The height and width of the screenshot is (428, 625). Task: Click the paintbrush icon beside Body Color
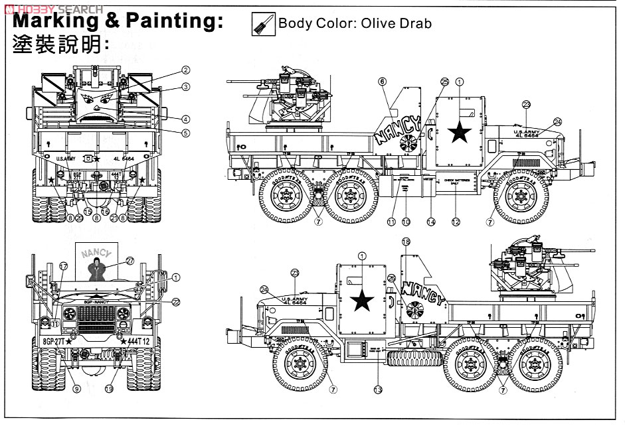(x=259, y=24)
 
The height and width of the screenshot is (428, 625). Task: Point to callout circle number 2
(x=187, y=70)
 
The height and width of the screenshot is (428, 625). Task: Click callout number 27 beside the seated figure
(x=130, y=261)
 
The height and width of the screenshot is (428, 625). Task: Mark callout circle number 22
(x=176, y=301)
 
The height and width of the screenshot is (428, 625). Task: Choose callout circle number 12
(x=456, y=221)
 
